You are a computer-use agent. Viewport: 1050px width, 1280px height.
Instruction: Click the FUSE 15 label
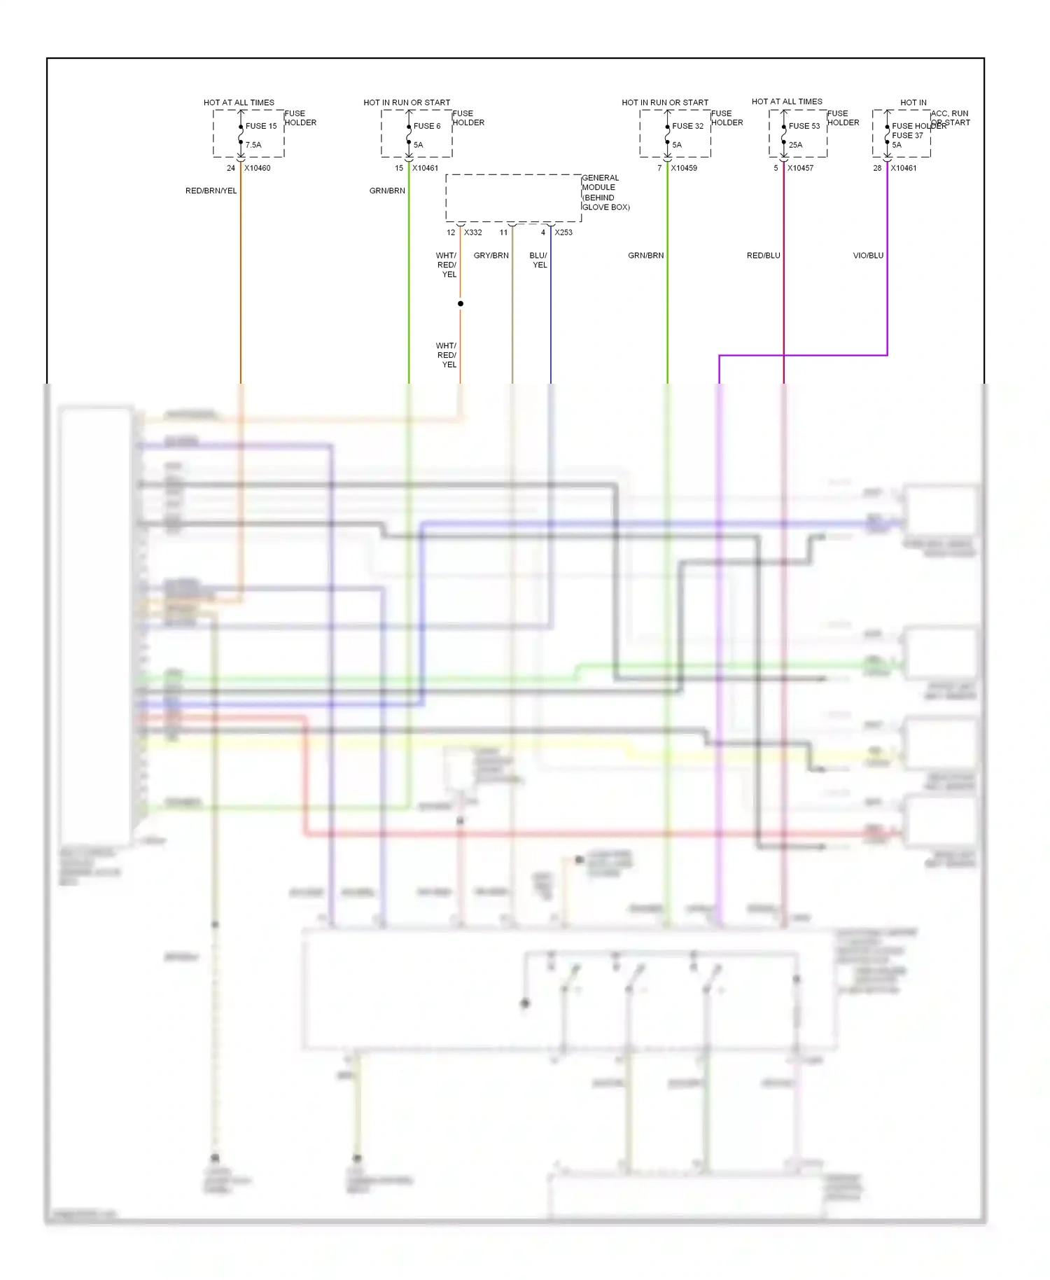pos(261,126)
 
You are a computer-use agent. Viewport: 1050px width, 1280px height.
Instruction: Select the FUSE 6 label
pos(427,126)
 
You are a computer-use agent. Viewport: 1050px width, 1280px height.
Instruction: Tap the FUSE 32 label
pos(687,126)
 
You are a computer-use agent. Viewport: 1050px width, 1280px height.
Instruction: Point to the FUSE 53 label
pos(804,126)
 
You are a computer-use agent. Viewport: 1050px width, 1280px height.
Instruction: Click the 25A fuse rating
pos(796,145)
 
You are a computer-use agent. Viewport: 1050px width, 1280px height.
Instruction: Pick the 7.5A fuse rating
pos(253,145)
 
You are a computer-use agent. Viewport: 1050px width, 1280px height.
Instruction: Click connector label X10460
pos(257,168)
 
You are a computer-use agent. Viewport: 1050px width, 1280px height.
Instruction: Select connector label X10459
pos(684,168)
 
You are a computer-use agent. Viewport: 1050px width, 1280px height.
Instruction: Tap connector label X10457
pos(800,168)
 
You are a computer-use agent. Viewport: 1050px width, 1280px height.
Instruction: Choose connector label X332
pos(473,232)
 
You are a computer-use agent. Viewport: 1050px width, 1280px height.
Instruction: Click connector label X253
pos(563,232)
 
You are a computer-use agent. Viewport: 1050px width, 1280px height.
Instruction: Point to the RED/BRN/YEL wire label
pos(211,190)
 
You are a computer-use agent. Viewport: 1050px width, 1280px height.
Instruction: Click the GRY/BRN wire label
pos(491,256)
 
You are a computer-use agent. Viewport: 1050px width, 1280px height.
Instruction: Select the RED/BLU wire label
pos(763,256)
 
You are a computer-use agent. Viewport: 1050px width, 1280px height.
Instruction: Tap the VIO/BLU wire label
pos(868,256)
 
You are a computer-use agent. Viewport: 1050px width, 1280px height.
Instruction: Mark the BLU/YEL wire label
pos(539,260)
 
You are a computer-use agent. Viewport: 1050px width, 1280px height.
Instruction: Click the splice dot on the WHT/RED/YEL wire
pos(461,304)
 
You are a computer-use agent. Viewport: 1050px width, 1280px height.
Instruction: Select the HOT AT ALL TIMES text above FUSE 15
pos(239,102)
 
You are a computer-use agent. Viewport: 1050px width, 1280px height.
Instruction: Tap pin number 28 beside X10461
pos(877,168)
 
